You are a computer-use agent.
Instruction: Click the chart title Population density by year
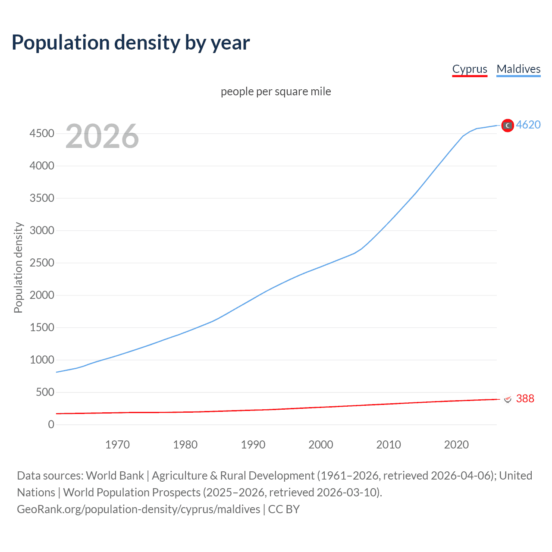click(131, 43)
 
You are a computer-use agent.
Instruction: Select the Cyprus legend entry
click(470, 69)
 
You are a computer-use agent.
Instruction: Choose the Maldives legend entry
click(518, 69)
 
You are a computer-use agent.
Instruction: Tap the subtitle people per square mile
click(276, 91)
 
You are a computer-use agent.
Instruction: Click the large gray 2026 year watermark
click(102, 136)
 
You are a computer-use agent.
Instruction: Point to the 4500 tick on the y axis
click(42, 133)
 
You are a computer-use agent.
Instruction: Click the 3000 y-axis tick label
click(42, 230)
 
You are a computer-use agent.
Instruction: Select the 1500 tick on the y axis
click(42, 327)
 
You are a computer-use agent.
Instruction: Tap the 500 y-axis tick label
click(45, 392)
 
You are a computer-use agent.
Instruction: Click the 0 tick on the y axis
click(51, 424)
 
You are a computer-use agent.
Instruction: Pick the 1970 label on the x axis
click(117, 445)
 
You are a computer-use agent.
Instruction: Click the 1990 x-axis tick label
click(253, 445)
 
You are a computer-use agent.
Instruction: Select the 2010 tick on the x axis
click(389, 445)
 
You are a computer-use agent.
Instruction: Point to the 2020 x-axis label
click(456, 445)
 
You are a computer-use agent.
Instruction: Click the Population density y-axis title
click(18, 267)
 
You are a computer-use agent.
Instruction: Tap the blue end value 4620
click(528, 125)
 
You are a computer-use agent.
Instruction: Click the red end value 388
click(525, 398)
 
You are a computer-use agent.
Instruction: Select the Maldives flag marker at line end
click(508, 125)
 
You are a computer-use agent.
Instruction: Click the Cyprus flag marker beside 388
click(508, 399)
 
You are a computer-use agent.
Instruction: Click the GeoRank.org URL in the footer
click(138, 509)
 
